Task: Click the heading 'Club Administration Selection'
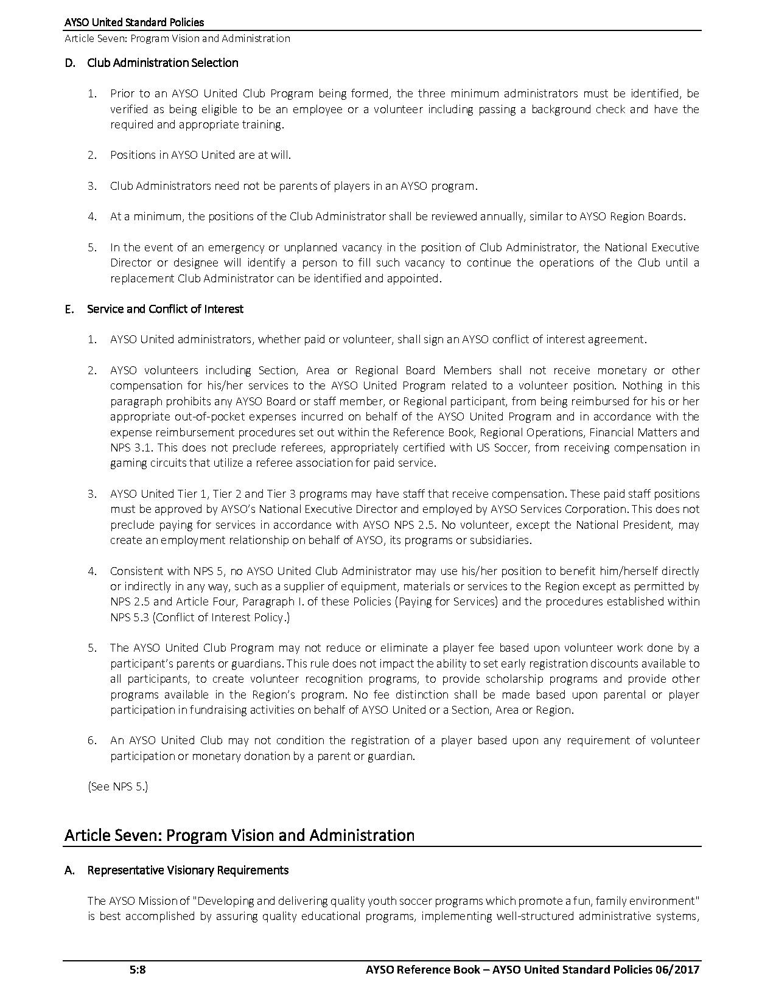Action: pyautogui.click(x=163, y=63)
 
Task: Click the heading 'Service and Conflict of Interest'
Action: pyautogui.click(x=165, y=309)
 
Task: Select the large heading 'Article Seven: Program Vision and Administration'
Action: pyautogui.click(x=239, y=835)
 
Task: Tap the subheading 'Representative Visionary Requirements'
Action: pyautogui.click(x=187, y=870)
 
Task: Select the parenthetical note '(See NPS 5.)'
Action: pyautogui.click(x=118, y=786)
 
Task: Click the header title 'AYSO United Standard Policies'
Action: pyautogui.click(x=134, y=23)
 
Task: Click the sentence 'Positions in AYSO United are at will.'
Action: pyautogui.click(x=200, y=155)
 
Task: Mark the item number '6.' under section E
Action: pyautogui.click(x=92, y=741)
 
